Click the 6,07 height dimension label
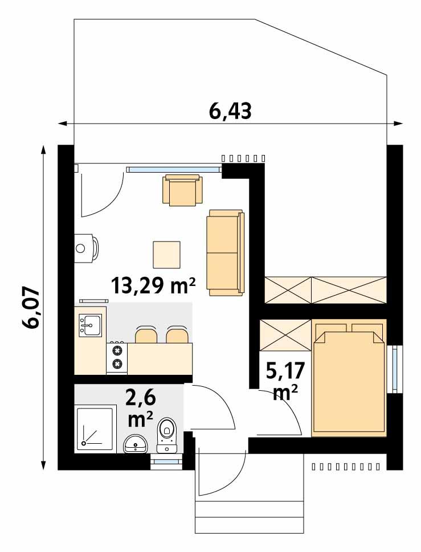pos(31,308)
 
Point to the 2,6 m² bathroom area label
pos(140,407)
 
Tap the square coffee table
pos(166,255)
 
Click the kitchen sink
pos(91,325)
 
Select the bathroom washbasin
pos(135,443)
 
